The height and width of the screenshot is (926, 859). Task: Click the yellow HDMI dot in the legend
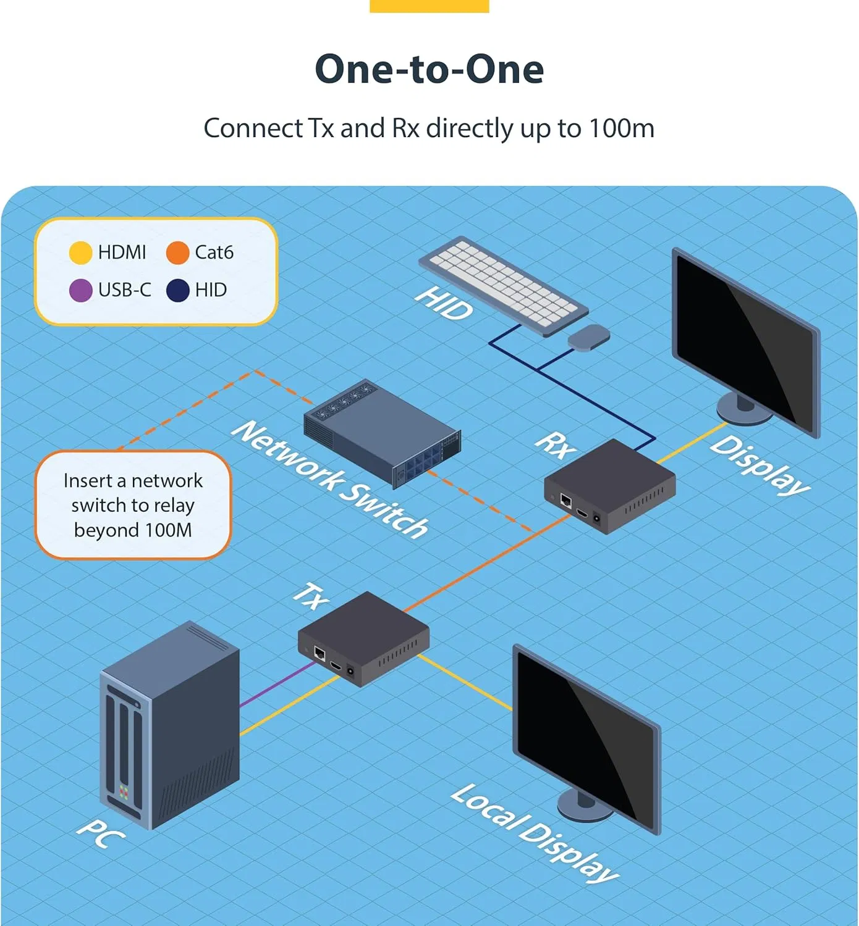point(80,252)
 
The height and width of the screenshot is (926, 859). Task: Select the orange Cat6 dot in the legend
point(177,252)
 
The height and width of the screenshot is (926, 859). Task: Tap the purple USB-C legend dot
point(80,290)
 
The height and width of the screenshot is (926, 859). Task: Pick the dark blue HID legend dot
point(178,290)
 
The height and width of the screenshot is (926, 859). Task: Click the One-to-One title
point(429,69)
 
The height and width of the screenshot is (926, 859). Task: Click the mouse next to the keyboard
point(589,338)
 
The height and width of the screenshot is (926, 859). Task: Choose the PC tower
point(169,725)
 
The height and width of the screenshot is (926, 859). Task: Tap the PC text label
point(101,834)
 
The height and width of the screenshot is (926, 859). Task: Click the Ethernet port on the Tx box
point(319,653)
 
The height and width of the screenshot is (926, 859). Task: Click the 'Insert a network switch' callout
point(133,505)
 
